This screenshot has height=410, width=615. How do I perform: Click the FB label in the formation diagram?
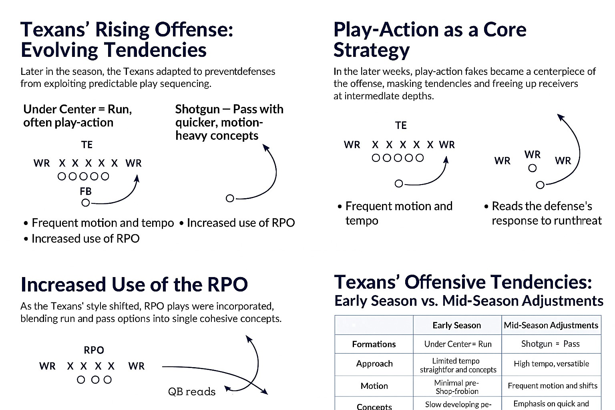(x=85, y=191)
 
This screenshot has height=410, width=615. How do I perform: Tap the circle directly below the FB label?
(x=86, y=203)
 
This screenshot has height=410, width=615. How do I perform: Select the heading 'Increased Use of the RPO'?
(x=134, y=284)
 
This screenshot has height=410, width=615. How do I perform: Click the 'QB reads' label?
(x=192, y=392)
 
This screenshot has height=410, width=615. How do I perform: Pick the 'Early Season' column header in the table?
(x=457, y=325)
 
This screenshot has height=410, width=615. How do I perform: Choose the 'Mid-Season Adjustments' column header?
(x=551, y=325)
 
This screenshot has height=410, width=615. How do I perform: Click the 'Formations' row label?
(x=374, y=344)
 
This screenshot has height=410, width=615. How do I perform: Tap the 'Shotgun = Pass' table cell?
(x=551, y=344)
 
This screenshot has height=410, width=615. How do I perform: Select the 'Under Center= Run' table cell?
(x=458, y=344)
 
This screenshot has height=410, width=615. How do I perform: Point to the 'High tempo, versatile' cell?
(x=552, y=364)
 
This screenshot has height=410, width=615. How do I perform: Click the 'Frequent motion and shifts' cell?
(x=553, y=386)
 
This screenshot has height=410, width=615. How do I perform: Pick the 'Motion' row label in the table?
(x=374, y=386)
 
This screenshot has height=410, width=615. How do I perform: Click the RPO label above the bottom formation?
(x=94, y=350)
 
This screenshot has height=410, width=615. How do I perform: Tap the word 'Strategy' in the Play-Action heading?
(x=372, y=50)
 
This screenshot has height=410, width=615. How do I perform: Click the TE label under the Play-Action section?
(x=401, y=125)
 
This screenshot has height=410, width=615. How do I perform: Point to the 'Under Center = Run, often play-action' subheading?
(x=78, y=116)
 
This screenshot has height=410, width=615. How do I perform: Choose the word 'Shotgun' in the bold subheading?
(x=197, y=109)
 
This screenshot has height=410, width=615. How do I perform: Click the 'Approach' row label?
(x=374, y=364)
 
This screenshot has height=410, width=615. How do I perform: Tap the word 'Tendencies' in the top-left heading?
(x=155, y=50)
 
